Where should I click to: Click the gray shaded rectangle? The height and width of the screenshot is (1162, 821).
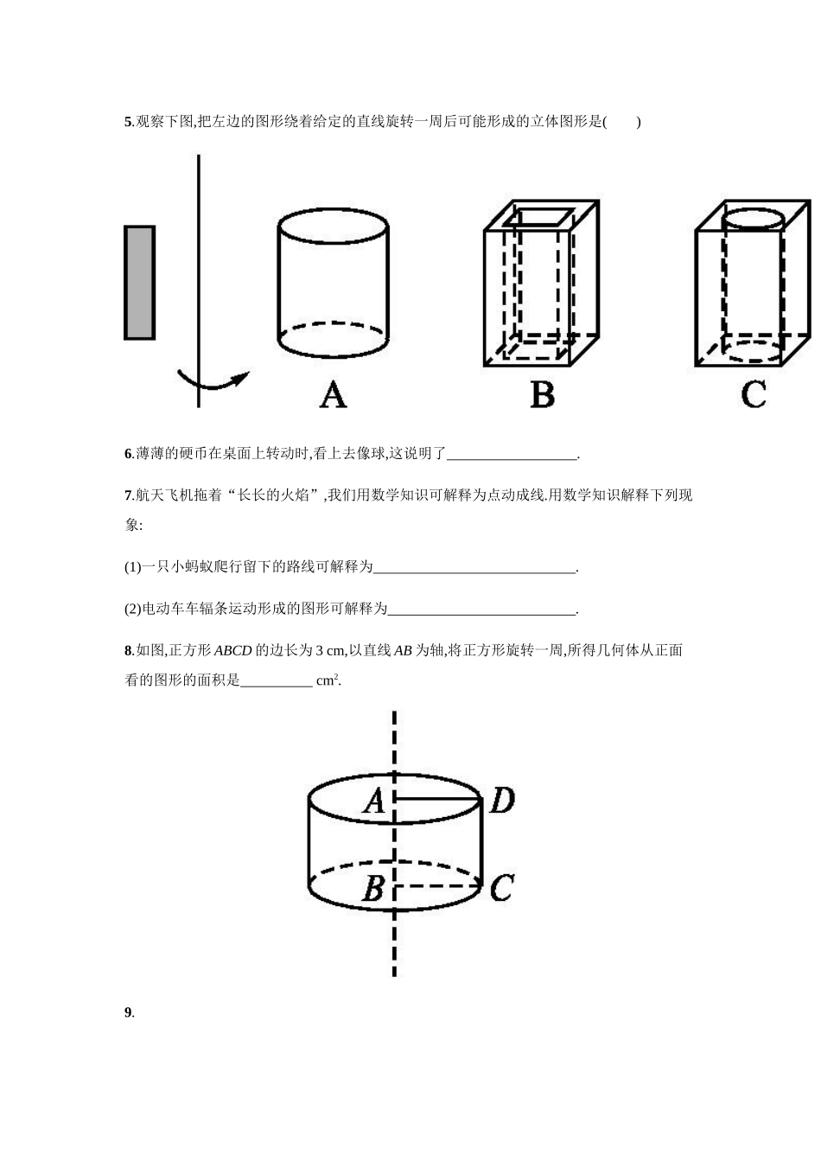point(139,282)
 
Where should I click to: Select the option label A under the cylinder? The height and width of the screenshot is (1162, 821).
point(333,395)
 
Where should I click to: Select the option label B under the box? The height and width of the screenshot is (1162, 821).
point(542,395)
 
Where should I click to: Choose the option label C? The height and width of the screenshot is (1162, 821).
point(754,395)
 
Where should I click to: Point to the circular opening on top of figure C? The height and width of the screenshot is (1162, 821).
point(754,217)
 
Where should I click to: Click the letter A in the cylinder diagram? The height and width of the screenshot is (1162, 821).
point(373,801)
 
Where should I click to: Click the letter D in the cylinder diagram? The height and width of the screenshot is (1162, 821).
point(502,801)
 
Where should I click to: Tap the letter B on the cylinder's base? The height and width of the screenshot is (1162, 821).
point(372,888)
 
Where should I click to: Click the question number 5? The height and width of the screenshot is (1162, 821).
point(128,122)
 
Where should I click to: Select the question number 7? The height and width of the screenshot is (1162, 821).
point(128,495)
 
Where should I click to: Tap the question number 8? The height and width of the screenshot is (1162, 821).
point(128,651)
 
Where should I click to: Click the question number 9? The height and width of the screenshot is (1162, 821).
point(128,1013)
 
